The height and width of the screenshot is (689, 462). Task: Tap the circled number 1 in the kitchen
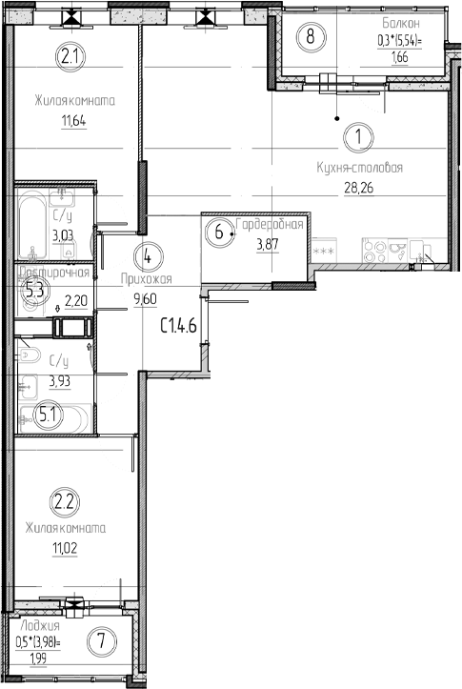(358, 137)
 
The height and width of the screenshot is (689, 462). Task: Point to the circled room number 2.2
(64, 499)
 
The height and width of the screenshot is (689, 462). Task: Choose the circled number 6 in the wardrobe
(219, 232)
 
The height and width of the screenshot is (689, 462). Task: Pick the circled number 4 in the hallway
(148, 255)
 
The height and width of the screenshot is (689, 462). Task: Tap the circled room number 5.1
(46, 414)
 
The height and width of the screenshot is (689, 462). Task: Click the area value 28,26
(358, 188)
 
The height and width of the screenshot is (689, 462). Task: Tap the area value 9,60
(145, 298)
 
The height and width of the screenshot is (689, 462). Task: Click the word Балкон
(398, 22)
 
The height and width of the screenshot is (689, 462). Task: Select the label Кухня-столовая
(360, 168)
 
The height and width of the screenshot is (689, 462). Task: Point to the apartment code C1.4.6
(177, 326)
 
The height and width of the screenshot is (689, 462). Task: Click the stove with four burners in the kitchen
(375, 250)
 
